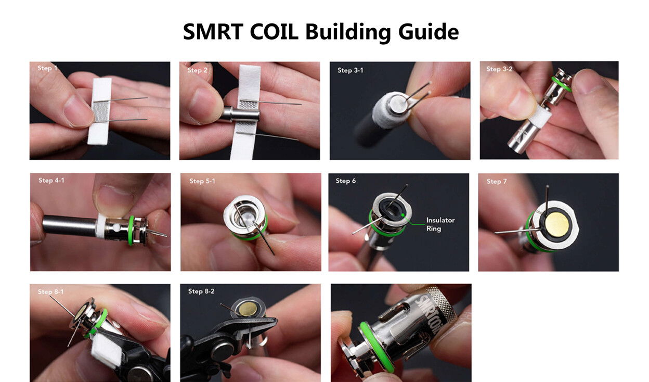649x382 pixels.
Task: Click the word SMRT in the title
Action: tap(213, 31)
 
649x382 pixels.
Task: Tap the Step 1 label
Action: tap(47, 68)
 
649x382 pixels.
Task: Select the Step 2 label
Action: tap(197, 70)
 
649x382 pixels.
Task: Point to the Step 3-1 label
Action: tap(351, 70)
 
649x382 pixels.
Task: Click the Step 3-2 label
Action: tap(499, 69)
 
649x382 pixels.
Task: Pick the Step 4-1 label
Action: tap(51, 181)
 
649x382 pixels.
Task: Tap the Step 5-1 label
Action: tap(202, 181)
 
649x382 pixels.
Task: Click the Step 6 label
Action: tap(345, 181)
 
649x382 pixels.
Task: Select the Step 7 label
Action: tap(497, 182)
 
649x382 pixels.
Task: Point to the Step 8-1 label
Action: tap(50, 292)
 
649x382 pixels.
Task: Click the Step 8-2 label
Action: tap(201, 291)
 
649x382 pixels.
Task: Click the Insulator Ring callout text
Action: tap(440, 224)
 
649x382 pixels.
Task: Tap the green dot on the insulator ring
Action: tap(403, 215)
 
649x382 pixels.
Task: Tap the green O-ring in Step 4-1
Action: tap(131, 231)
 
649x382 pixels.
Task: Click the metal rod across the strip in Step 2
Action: tap(240, 114)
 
